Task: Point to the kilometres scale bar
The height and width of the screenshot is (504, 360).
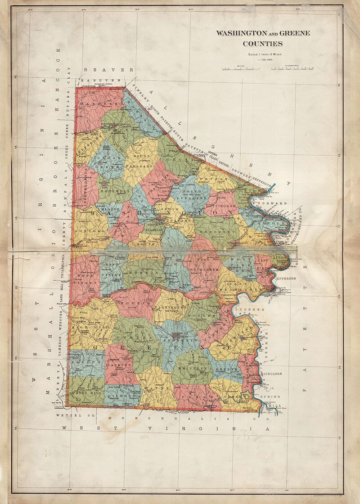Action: pos(292,68)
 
